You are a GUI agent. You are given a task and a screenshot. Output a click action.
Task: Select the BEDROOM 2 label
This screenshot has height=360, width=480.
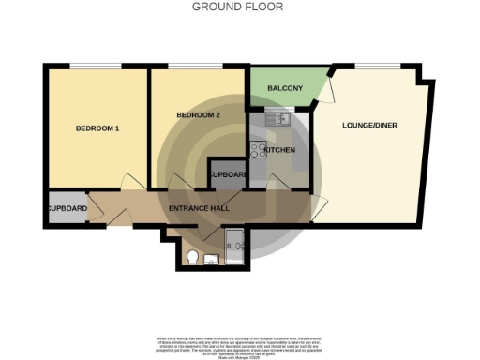click(x=198, y=115)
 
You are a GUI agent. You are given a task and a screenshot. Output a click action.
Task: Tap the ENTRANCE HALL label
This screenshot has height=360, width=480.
click(x=200, y=207)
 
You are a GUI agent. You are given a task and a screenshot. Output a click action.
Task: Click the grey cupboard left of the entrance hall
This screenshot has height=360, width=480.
click(x=66, y=208)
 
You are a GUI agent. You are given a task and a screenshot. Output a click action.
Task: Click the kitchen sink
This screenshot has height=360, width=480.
click(x=279, y=119)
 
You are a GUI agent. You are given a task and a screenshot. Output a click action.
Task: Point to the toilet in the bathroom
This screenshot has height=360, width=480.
click(x=191, y=257)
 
